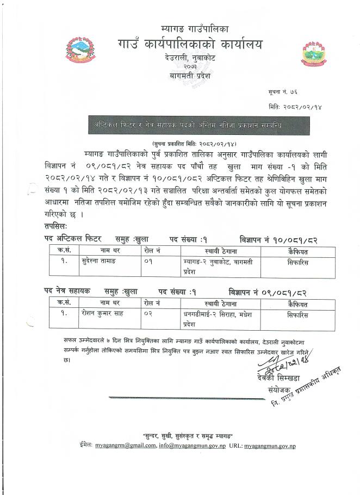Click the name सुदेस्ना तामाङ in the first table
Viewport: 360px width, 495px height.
click(x=101, y=261)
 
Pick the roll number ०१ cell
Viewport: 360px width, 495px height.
click(x=148, y=261)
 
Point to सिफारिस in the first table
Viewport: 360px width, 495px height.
click(x=297, y=261)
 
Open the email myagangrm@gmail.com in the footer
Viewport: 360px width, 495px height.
click(x=125, y=445)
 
